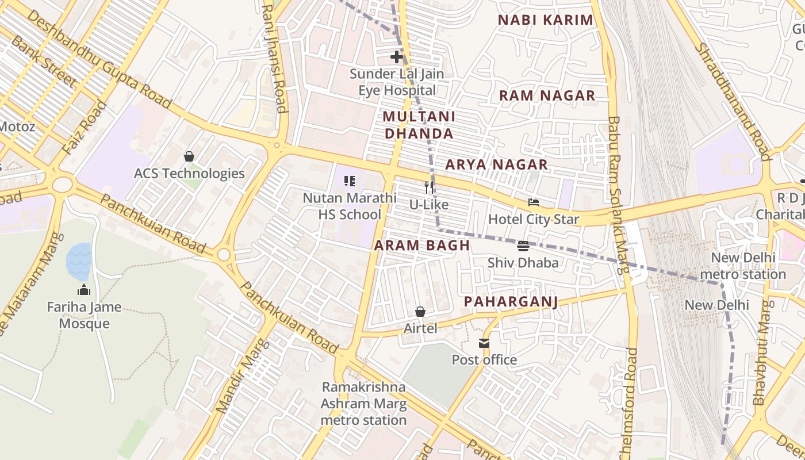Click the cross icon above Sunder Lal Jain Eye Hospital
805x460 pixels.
click(396, 57)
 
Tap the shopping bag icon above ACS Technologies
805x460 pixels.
click(189, 156)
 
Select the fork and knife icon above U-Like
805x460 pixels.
click(428, 187)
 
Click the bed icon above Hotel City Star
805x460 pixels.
click(534, 202)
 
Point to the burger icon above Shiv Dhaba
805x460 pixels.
click(523, 246)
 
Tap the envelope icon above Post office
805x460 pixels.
click(484, 343)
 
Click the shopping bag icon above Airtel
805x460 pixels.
click(420, 312)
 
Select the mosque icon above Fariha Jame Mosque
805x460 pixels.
click(84, 290)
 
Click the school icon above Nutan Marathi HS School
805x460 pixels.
click(350, 181)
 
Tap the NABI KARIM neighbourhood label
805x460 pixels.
click(545, 20)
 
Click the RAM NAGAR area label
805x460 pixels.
click(547, 96)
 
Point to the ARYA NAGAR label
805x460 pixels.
click(496, 165)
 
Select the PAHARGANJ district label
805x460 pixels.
click(511, 302)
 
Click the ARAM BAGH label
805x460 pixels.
click(422, 246)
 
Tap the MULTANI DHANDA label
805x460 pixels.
click(419, 125)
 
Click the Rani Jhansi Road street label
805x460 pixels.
click(274, 57)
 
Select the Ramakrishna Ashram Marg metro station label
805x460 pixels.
click(363, 404)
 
